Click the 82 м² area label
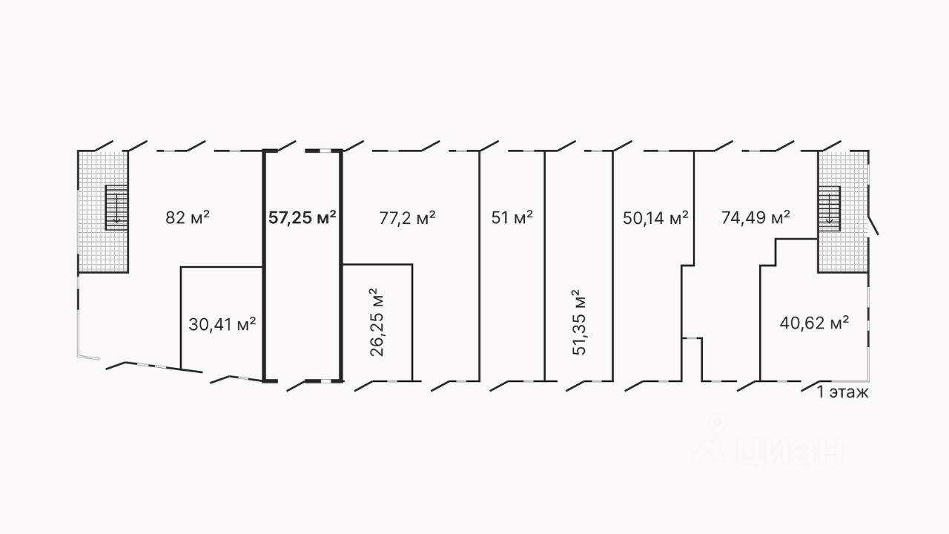188,217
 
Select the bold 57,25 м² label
302,217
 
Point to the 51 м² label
512,217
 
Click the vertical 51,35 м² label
579,323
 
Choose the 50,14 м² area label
655,217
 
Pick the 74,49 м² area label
755,217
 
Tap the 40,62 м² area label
814,323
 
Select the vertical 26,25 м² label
377,323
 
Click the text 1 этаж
842,392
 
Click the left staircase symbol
116,207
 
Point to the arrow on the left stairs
116,215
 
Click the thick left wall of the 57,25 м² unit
265,267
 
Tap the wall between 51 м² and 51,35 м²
546,267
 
